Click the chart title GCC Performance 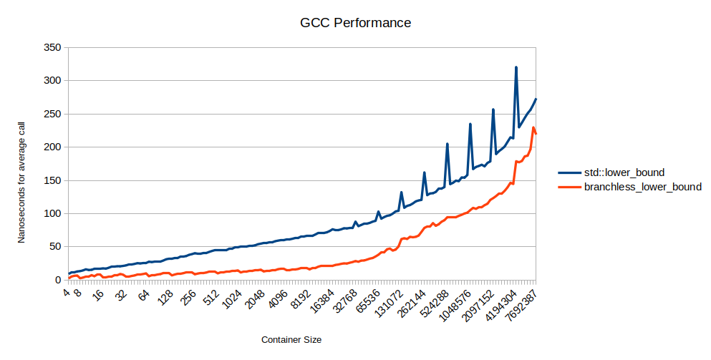pyautogui.click(x=355, y=23)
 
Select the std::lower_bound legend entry pyautogui.click(x=624, y=172)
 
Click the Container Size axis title pyautogui.click(x=296, y=339)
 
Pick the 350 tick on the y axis pyautogui.click(x=52, y=48)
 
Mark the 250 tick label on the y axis pyautogui.click(x=52, y=115)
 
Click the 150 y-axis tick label pyautogui.click(x=52, y=181)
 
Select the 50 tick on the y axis pyautogui.click(x=54, y=248)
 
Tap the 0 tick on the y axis pyautogui.click(x=57, y=281)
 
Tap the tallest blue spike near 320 pyautogui.click(x=516, y=68)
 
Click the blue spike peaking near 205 pyautogui.click(x=447, y=144)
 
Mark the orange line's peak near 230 pyautogui.click(x=533, y=127)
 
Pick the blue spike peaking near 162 pyautogui.click(x=424, y=172)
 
